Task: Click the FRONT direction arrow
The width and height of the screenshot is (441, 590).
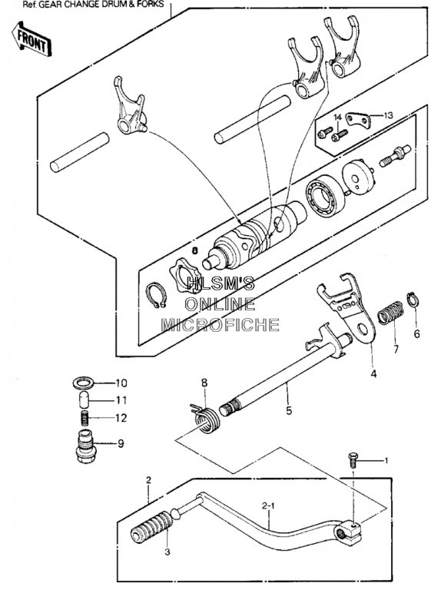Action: [31, 38]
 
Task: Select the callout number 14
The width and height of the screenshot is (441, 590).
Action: [337, 118]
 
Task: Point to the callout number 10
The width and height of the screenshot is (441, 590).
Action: [121, 383]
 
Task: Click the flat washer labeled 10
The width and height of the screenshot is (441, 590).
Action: [83, 383]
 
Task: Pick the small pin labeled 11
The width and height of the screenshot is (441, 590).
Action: [84, 399]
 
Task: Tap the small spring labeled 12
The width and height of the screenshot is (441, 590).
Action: [85, 418]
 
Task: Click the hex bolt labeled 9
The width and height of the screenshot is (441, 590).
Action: [85, 446]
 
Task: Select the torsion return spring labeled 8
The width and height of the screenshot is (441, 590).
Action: [205, 419]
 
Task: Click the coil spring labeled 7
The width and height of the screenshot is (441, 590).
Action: [390, 313]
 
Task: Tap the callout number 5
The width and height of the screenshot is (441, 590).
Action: [289, 410]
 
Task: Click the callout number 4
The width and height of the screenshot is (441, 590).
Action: [373, 374]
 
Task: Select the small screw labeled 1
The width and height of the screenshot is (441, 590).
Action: [352, 459]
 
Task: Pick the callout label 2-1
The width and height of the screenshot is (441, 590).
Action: [268, 506]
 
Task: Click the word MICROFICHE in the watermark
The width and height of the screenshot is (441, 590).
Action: [220, 324]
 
